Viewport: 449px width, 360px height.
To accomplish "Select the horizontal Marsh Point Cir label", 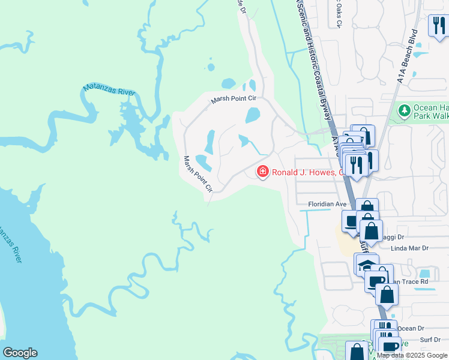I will point(234,100).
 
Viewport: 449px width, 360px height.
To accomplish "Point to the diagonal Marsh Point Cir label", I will point(198,173).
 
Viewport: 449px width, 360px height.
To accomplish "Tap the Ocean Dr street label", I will point(411,328).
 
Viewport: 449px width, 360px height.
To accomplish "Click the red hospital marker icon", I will point(262,172).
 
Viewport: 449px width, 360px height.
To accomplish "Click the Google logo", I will point(20,353).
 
